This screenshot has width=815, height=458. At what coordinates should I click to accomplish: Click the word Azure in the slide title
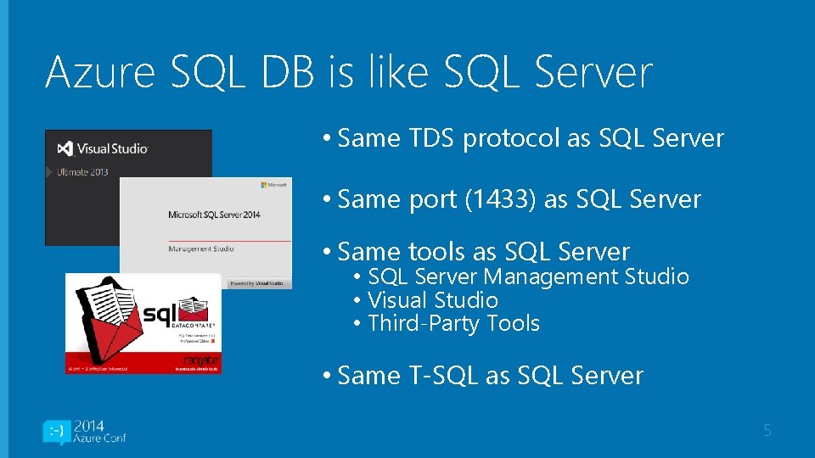[98, 72]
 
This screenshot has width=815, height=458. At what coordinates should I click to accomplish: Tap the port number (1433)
[500, 199]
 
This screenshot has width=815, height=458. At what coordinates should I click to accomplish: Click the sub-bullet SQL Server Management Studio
[528, 276]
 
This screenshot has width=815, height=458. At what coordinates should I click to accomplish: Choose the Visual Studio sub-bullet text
[433, 300]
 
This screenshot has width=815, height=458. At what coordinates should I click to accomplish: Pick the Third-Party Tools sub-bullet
[453, 323]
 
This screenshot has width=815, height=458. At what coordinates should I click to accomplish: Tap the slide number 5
[767, 431]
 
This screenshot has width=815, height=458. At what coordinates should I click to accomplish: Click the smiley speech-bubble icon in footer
[56, 433]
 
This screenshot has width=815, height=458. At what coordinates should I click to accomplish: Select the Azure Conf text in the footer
[100, 438]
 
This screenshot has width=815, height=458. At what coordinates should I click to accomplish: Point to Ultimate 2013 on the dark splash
[83, 172]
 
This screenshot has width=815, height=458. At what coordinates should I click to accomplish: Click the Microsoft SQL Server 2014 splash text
[214, 215]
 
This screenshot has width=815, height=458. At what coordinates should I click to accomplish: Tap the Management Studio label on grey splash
[201, 249]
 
